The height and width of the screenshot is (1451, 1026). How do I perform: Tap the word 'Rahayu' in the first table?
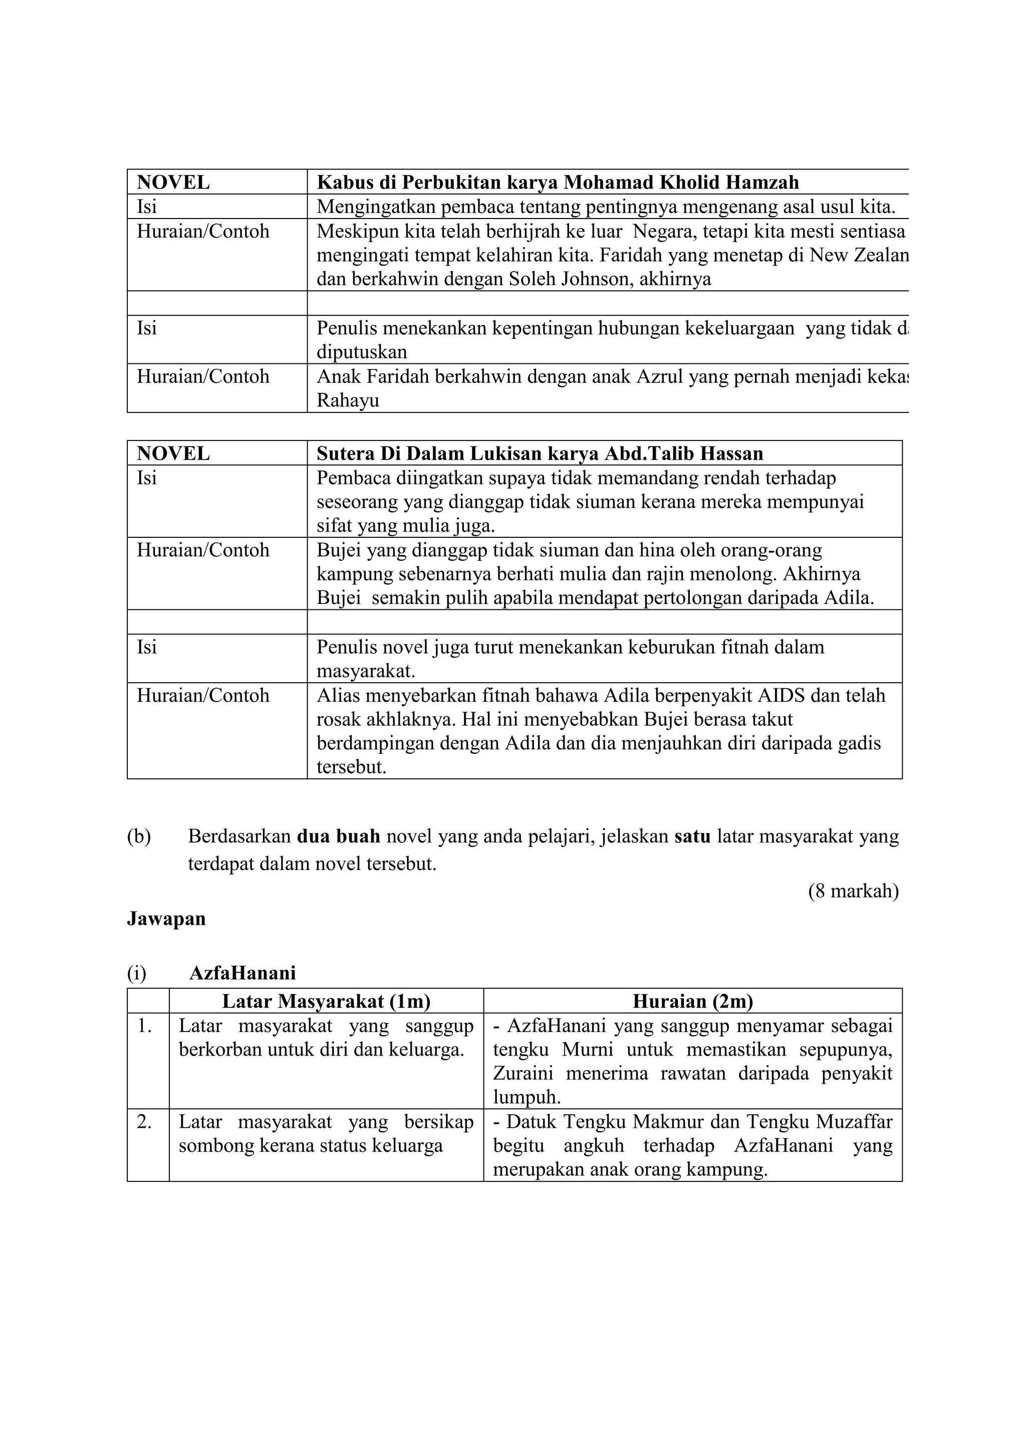tap(348, 400)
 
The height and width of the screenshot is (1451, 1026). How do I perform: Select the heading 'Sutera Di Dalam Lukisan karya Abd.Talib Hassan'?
tap(540, 453)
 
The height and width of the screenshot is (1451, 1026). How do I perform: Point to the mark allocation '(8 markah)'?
tap(853, 891)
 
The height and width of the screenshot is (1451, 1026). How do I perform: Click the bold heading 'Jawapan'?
tap(166, 918)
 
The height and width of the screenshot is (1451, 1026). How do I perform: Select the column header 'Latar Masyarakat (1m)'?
tap(326, 1001)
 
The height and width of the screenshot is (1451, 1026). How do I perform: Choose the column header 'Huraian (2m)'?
tap(692, 1001)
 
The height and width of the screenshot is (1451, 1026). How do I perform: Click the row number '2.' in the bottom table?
tap(145, 1122)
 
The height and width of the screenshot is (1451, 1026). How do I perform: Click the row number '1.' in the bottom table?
tap(145, 1025)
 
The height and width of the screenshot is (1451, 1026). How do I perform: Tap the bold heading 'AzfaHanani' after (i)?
tap(242, 973)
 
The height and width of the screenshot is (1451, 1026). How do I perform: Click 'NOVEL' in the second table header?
tap(173, 453)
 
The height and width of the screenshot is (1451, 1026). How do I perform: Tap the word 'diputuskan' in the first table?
tap(361, 352)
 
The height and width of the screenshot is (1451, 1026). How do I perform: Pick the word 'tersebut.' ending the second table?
tap(351, 767)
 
